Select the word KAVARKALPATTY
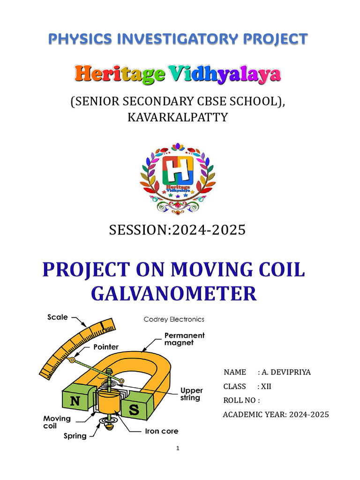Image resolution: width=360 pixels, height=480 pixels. click(178, 117)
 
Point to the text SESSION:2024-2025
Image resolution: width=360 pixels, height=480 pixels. click(177, 230)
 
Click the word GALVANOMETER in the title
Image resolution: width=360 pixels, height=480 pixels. click(173, 294)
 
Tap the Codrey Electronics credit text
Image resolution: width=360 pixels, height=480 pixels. click(173, 319)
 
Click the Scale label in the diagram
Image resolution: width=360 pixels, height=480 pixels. click(57, 317)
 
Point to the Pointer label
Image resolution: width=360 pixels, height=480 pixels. click(105, 347)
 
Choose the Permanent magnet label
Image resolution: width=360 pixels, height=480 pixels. click(184, 339)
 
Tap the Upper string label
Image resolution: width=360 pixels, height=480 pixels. click(192, 394)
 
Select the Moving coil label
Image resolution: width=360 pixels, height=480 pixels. click(57, 422)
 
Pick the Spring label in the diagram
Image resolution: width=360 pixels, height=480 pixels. click(75, 436)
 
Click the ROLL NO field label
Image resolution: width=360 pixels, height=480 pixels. click(241, 400)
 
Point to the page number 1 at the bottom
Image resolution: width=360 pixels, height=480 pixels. click(178, 449)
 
